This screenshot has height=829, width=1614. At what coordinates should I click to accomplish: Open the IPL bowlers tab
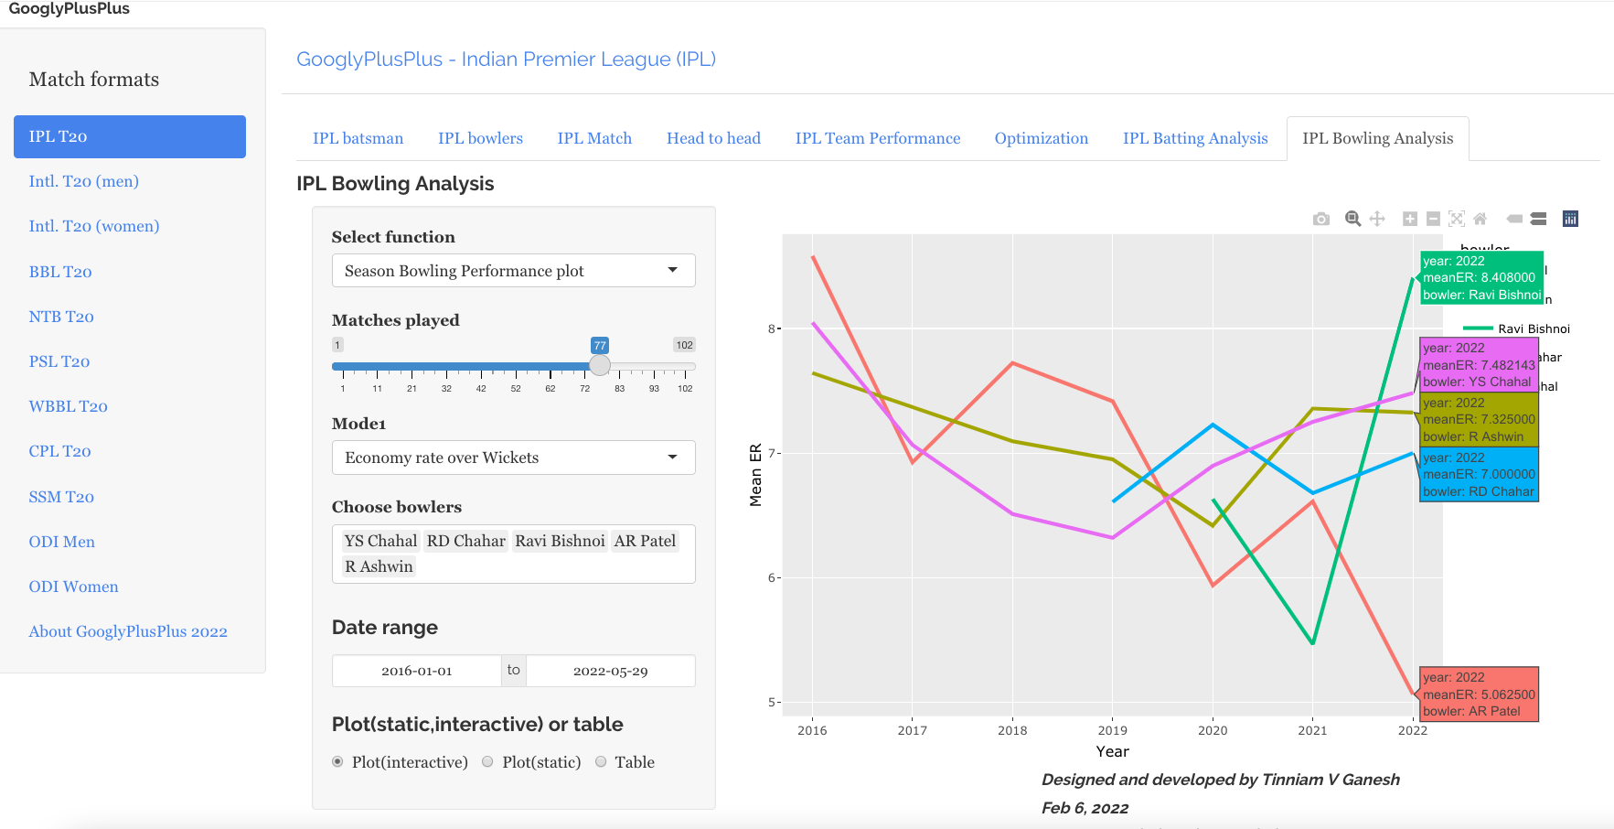(x=480, y=138)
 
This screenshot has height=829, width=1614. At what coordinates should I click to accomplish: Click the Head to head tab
(x=713, y=138)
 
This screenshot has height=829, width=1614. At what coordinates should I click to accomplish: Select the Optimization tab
(x=1041, y=138)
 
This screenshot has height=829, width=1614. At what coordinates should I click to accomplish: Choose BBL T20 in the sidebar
(x=60, y=272)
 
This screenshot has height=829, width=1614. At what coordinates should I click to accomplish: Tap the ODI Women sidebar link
(x=73, y=587)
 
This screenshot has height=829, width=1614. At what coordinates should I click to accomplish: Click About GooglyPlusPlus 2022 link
(x=128, y=631)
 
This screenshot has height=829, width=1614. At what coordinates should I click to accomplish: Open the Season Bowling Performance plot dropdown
(x=513, y=271)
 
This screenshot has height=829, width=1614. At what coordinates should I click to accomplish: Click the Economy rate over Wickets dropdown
(x=513, y=458)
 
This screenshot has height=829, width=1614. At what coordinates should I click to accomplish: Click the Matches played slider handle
(x=600, y=366)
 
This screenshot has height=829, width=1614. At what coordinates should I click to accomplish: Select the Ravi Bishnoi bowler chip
(x=560, y=541)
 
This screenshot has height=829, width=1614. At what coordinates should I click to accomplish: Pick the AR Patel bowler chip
(x=645, y=541)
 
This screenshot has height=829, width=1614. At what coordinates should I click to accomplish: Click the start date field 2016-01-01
(x=417, y=671)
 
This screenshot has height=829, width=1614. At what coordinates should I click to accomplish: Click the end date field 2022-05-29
(x=610, y=671)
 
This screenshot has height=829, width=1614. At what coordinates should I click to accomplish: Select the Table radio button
(x=602, y=761)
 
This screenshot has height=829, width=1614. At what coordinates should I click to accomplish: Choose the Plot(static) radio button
(x=488, y=761)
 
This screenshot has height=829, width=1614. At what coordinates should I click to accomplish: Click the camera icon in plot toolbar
(x=1320, y=219)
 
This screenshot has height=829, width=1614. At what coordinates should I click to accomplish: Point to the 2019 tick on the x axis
(x=1112, y=730)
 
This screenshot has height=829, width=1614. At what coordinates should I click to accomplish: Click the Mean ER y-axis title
(x=755, y=475)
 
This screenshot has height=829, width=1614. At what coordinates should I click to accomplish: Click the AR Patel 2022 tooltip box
(x=1479, y=694)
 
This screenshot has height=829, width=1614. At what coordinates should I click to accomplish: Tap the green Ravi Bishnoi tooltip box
(x=1481, y=277)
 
